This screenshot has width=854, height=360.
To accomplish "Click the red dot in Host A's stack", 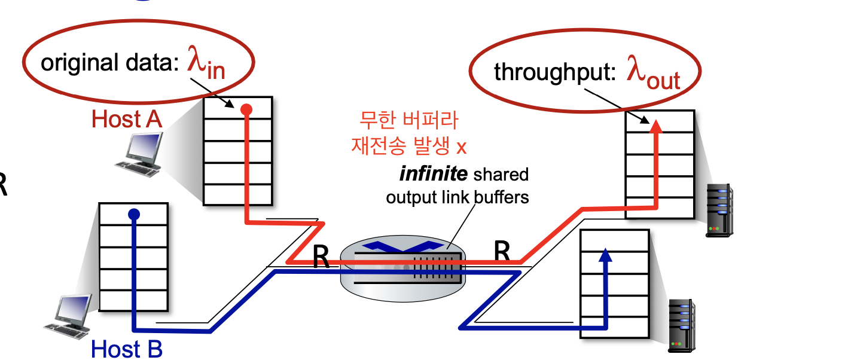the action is [246, 110].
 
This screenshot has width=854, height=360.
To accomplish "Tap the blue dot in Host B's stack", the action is [134, 214].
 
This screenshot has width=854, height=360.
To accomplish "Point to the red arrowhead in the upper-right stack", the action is [655, 126].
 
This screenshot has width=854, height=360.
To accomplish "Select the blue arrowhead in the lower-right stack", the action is [605, 255].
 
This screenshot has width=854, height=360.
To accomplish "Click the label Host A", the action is [127, 119].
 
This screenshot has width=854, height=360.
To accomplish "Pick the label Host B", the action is [127, 349].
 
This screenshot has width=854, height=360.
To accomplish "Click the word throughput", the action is [555, 72].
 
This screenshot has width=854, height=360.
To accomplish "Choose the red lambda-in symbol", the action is [206, 63].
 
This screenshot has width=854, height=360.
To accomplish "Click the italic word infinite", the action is [433, 174].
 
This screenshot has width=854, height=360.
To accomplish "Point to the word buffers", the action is [501, 197].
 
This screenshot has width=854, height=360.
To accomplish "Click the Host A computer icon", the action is [139, 154].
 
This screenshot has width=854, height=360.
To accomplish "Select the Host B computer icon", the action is [69, 316].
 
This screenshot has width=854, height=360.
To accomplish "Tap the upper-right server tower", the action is [720, 210].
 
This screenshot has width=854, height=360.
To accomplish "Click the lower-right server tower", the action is [682, 326].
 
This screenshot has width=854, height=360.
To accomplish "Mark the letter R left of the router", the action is [321, 257].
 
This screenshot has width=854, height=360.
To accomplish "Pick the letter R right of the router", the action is [502, 251].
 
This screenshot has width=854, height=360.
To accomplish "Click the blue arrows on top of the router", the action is [403, 246].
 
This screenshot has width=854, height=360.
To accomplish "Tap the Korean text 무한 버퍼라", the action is [408, 120].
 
